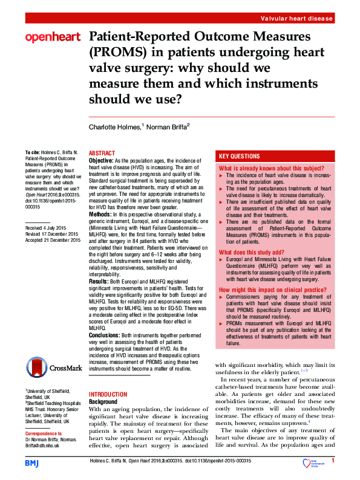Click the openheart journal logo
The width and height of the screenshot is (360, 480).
[53, 38]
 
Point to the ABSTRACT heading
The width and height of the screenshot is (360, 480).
[102, 154]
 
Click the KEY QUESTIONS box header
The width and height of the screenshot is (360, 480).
[240, 156]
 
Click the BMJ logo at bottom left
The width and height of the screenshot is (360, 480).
[31, 462]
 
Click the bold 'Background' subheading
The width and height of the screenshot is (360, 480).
[103, 401]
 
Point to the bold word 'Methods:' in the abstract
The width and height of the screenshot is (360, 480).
[100, 215]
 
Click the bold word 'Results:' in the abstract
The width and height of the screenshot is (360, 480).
[99, 282]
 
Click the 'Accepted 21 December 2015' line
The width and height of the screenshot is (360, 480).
[53, 240]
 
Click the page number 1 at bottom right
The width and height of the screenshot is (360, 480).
[333, 461]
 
